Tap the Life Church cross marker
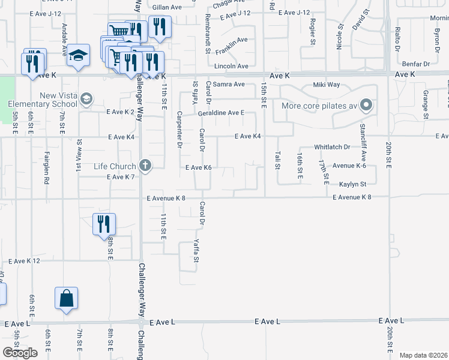point(144,165)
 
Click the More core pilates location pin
point(366,107)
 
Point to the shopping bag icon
point(66,298)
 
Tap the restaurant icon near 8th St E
point(104,224)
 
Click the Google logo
point(20,353)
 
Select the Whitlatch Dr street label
point(332,147)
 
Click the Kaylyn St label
point(352,184)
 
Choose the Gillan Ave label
point(167,7)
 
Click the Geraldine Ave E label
point(221,113)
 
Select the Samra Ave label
point(231,85)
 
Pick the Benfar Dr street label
point(418,64)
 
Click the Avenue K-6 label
point(349,165)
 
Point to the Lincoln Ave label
point(231,66)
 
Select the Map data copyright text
point(423,355)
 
